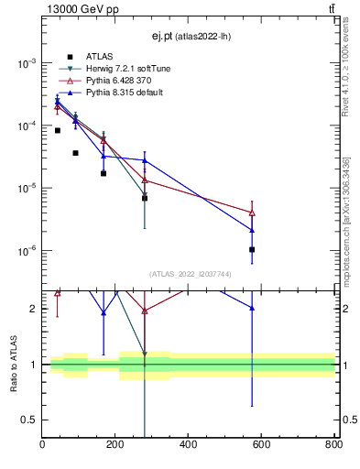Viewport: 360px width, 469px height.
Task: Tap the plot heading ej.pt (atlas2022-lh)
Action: tap(189, 37)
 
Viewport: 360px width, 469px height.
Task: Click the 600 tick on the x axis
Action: tap(261, 445)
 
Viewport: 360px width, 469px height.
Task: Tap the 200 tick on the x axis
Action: tap(115, 445)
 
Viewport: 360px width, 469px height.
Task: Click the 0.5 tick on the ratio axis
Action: tap(30, 420)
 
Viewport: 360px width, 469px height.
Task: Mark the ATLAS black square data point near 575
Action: tap(252, 249)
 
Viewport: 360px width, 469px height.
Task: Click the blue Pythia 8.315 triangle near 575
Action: tap(252, 230)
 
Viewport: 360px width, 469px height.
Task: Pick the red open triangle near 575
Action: tap(252, 213)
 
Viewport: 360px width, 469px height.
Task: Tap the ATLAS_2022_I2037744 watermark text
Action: tap(189, 274)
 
